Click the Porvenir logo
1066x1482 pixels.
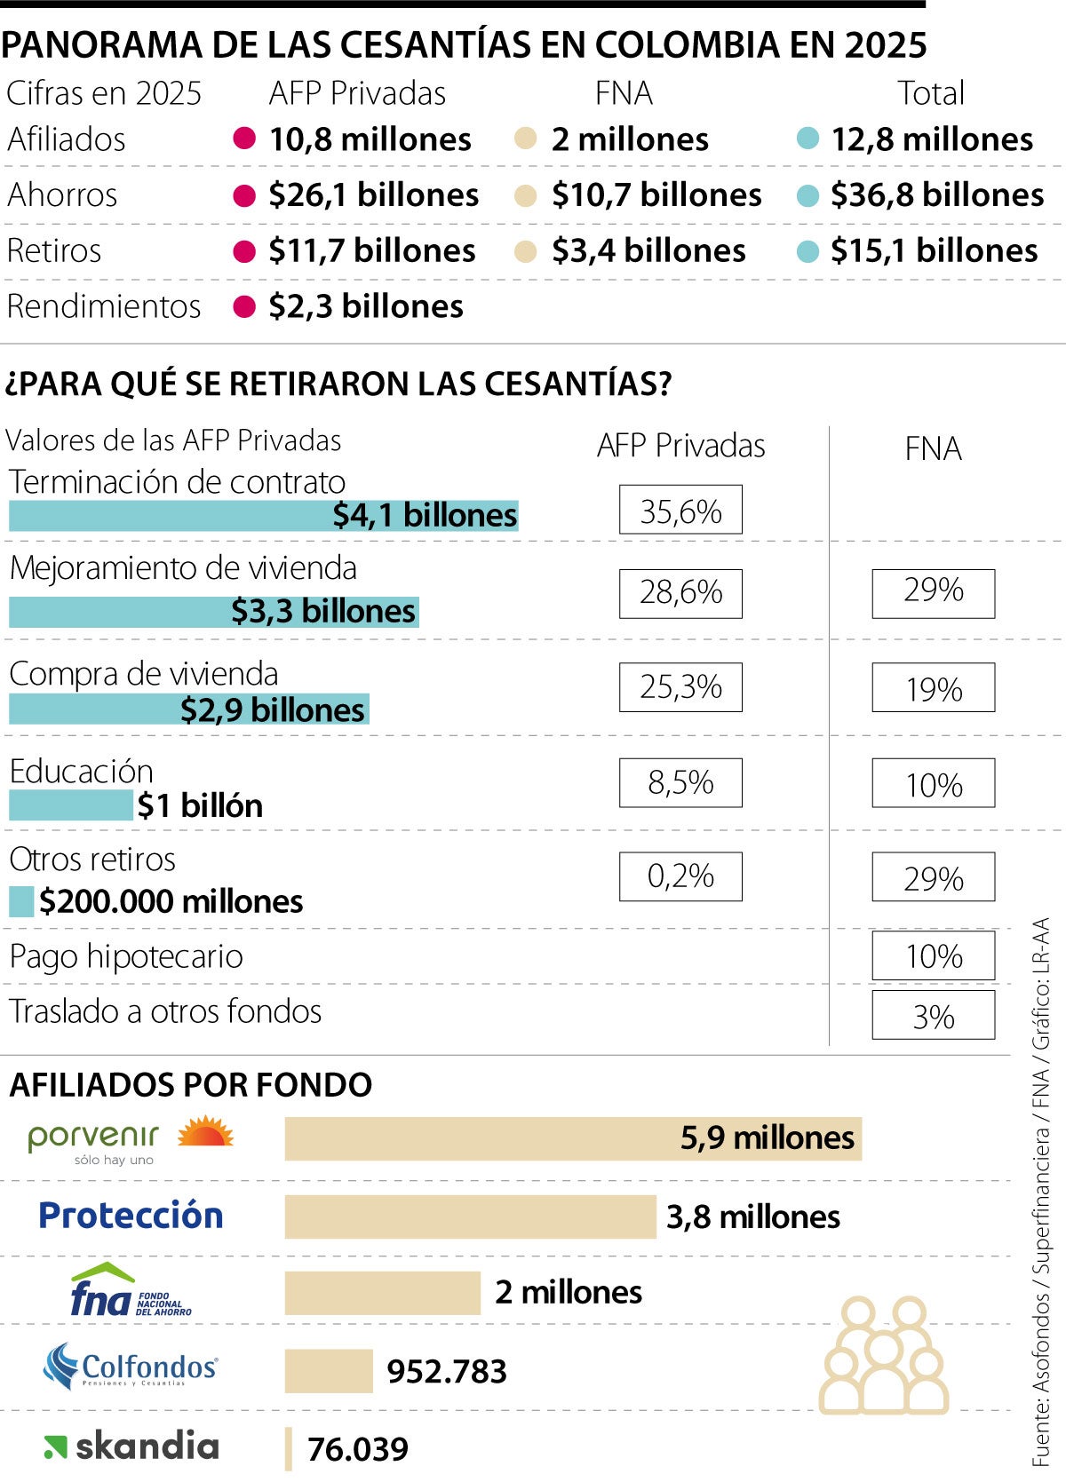pos(130,1139)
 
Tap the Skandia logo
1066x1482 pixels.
pos(131,1446)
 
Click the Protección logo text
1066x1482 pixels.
pos(131,1215)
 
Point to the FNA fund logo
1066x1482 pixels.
pos(131,1292)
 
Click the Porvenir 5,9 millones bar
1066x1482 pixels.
pos(573,1138)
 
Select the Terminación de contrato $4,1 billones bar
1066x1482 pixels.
pos(263,516)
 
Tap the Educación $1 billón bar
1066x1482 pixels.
pos(70,805)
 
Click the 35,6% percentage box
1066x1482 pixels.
pos(680,510)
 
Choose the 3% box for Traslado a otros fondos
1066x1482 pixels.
pos(933,1015)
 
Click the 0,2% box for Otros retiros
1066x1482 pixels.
pos(680,876)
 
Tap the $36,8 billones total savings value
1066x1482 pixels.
pos(936,195)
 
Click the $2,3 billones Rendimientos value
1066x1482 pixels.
pos(365,306)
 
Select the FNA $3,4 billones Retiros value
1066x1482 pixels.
pos(648,251)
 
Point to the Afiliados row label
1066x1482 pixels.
pos(67,139)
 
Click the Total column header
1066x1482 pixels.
pos(930,93)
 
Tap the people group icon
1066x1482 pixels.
pos(883,1355)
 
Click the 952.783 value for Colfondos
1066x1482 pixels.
pos(447,1372)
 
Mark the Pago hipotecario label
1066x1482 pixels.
pos(126,956)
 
